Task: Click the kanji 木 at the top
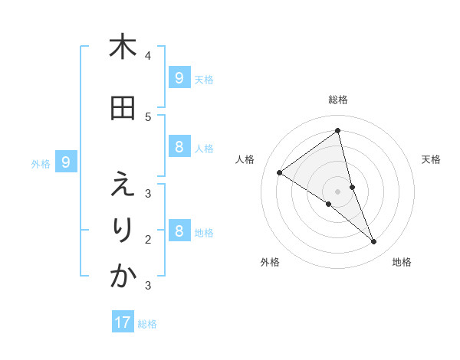[x=123, y=47]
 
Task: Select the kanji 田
[x=123, y=108]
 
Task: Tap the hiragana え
[x=123, y=185]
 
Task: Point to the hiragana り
[x=123, y=230]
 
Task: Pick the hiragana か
[x=123, y=277]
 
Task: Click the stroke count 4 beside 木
[x=148, y=56]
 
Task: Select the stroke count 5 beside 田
[x=148, y=117]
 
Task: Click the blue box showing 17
[x=123, y=322]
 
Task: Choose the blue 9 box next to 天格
[x=179, y=77]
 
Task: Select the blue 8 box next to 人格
[x=179, y=148]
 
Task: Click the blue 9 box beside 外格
[x=66, y=162]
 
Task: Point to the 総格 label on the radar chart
[x=338, y=100]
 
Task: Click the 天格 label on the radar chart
[x=432, y=159]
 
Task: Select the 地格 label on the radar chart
[x=402, y=262]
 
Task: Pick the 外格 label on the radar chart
[x=270, y=262]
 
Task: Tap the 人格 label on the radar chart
[x=245, y=159]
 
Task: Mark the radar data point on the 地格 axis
[x=374, y=242]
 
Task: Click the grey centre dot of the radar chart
[x=338, y=191]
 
